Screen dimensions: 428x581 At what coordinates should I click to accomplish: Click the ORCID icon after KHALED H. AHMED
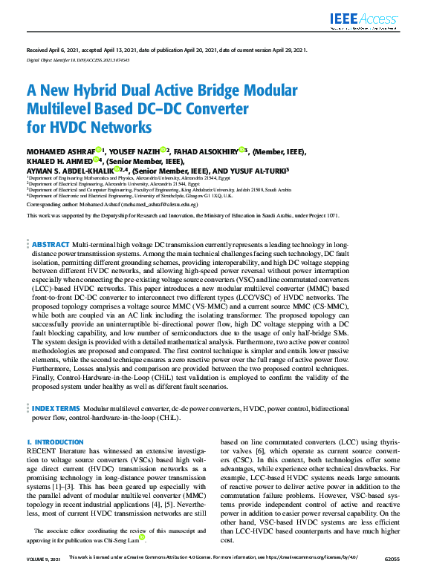tap(97, 160)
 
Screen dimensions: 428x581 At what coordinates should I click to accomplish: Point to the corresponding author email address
tap(160, 203)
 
